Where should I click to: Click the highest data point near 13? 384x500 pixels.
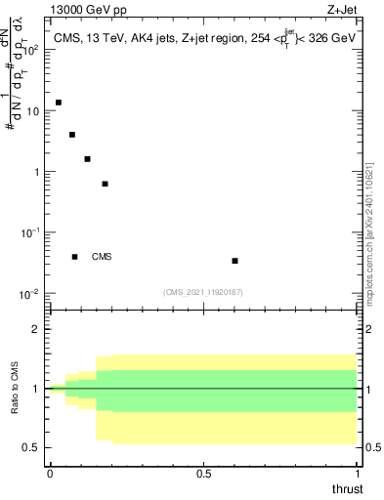click(x=59, y=103)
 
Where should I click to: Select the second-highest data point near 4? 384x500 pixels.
click(x=72, y=135)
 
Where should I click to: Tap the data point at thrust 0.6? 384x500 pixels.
click(x=235, y=261)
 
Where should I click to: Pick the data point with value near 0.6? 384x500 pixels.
click(x=105, y=184)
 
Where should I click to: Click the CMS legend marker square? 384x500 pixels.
click(x=74, y=257)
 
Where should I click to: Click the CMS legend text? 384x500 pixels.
click(x=102, y=257)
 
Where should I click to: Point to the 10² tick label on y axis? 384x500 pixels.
click(x=29, y=50)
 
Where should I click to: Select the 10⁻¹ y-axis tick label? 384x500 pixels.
click(x=29, y=232)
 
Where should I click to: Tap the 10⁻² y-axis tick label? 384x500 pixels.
click(x=29, y=294)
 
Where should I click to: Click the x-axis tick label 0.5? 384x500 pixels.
click(x=203, y=474)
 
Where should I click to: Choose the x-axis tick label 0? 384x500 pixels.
click(x=50, y=474)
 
